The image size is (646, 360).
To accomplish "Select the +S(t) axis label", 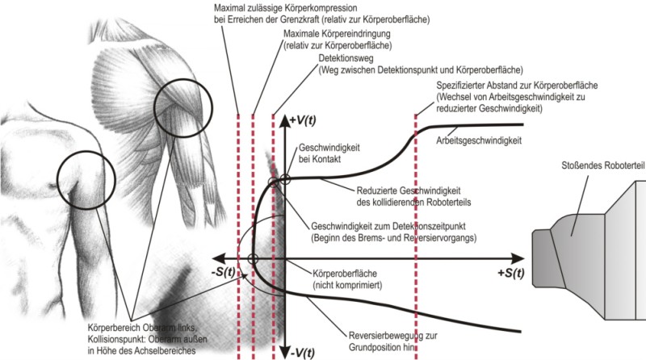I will pyautogui.click(x=506, y=272).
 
